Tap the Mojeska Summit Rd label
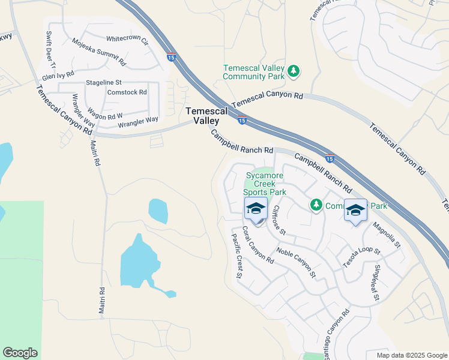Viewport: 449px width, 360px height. [x=98, y=52]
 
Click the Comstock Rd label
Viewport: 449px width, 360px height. [x=127, y=92]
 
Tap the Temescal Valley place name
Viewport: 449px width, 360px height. [x=206, y=116]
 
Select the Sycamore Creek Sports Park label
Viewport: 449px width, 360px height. [x=265, y=184]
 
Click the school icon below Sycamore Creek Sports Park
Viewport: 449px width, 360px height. [x=256, y=210]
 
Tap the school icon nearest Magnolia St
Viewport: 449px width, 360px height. [x=355, y=210]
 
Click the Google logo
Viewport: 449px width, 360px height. [x=20, y=353]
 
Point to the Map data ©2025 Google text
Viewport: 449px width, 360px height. [x=412, y=355]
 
